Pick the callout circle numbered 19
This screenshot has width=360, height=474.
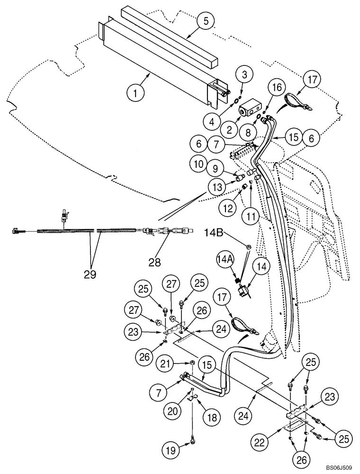click(172, 447)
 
